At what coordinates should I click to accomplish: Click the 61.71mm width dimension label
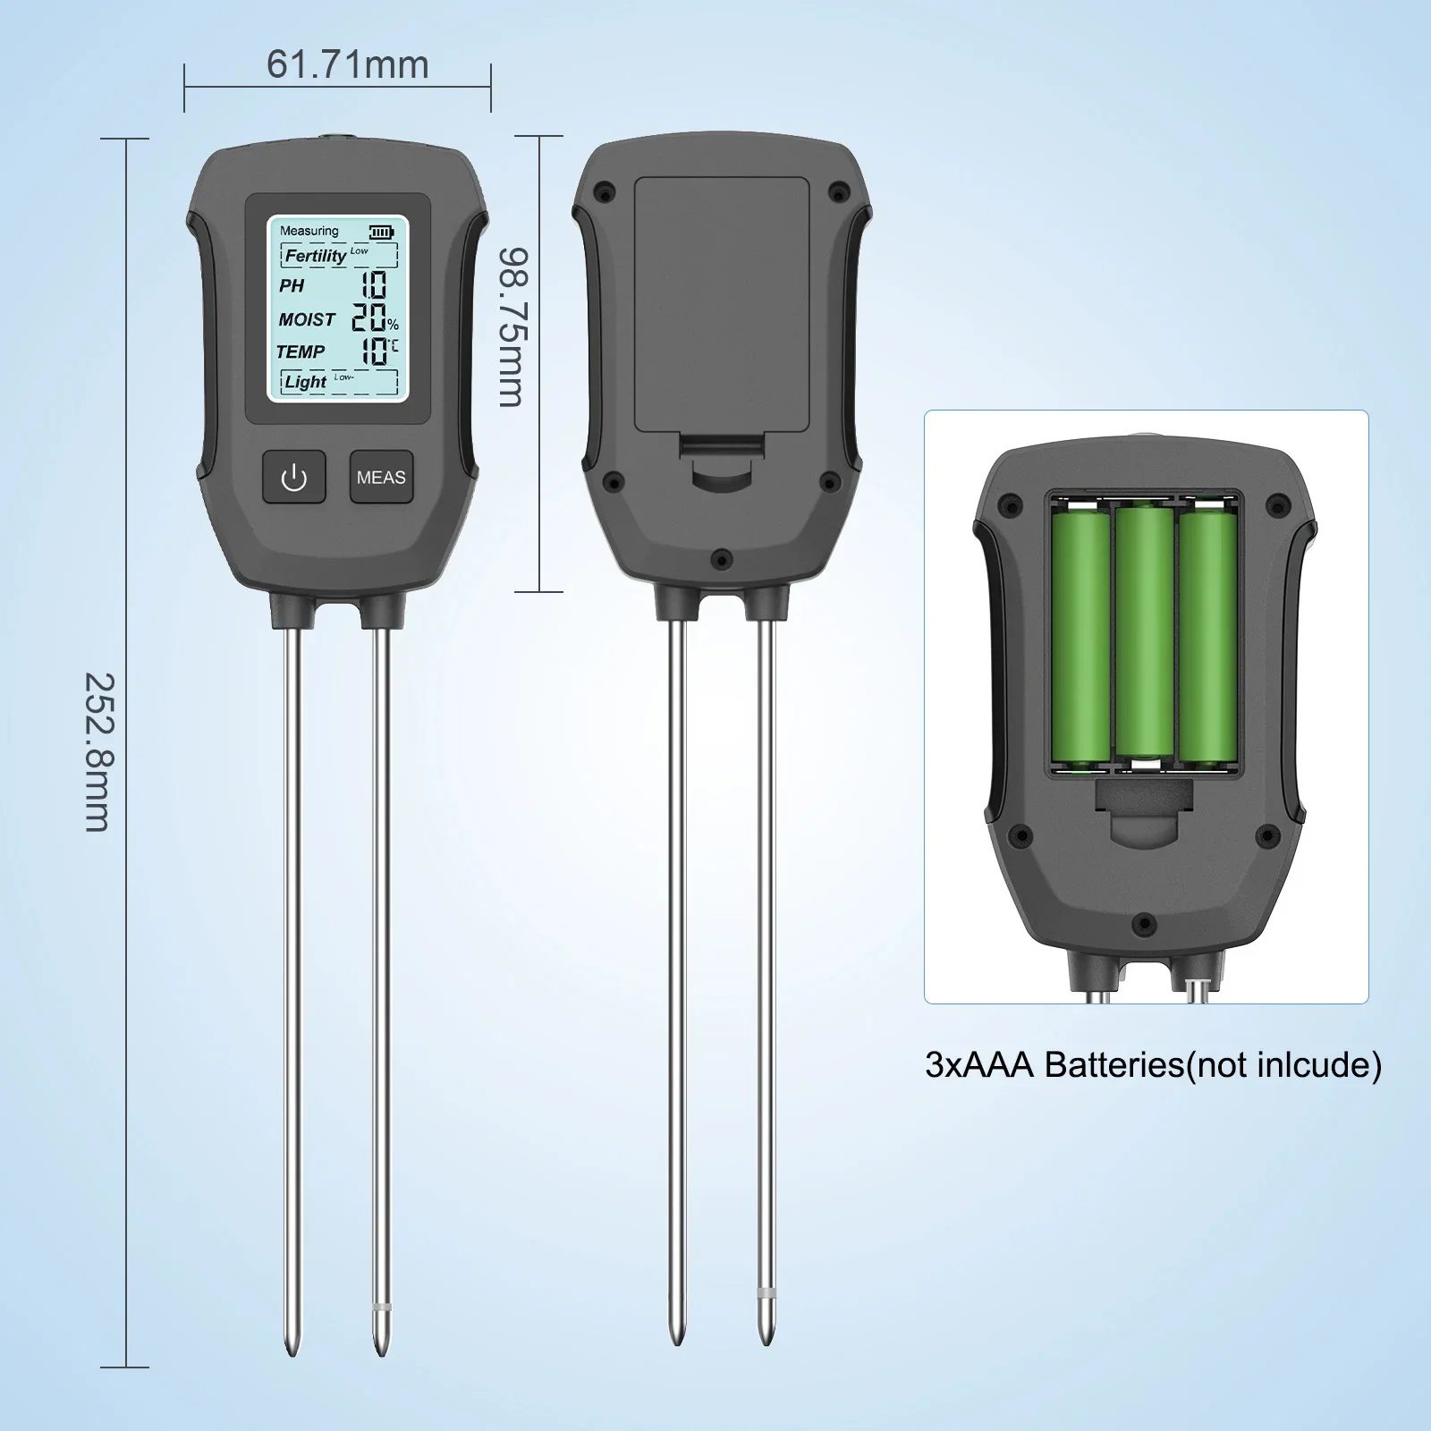tap(348, 64)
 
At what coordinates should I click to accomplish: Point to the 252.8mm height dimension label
tap(99, 752)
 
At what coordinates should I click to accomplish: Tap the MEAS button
tap(381, 477)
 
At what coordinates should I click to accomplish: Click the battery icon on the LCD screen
tap(382, 232)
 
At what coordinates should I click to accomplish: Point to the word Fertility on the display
tap(315, 256)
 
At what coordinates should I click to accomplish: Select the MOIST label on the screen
tap(307, 319)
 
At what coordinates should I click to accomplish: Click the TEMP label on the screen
tap(301, 351)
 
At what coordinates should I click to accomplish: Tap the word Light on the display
tap(306, 382)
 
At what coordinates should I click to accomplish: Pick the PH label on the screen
tap(292, 285)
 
